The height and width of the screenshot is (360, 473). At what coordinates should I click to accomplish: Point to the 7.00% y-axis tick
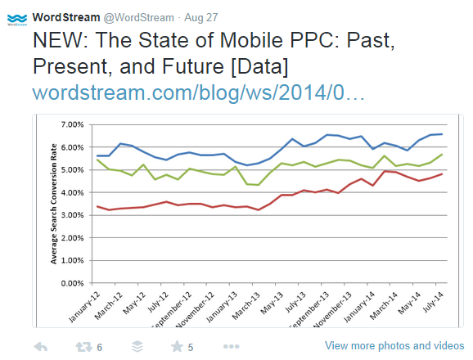tap(71, 125)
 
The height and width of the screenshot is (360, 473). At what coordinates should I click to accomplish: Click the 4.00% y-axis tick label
tap(71, 193)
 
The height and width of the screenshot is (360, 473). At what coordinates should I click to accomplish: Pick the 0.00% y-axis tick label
tap(71, 283)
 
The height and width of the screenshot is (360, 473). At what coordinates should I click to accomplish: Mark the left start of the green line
tap(98, 160)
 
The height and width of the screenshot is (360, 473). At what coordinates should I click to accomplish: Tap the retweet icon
tap(83, 346)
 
